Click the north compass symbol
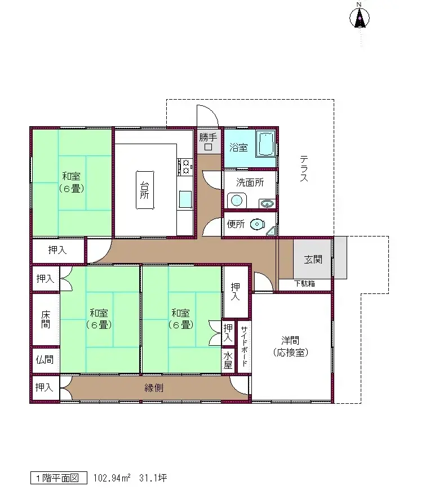[x=359, y=19]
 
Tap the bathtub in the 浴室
[x=265, y=145]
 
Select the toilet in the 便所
[x=258, y=224]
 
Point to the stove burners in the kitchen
[x=185, y=166]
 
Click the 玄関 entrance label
[x=313, y=260]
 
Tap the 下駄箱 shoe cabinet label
[x=304, y=284]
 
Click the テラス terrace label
[x=304, y=169]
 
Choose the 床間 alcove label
[x=45, y=320]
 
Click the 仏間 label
[x=45, y=359]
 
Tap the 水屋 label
[x=228, y=360]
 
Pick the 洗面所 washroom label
[x=250, y=182]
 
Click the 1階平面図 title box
[x=59, y=478]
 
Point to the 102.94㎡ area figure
[x=112, y=478]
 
